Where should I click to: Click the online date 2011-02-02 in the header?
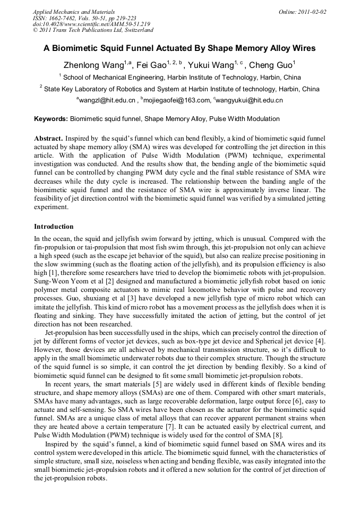(x=312, y=11)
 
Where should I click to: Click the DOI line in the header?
(x=91, y=24)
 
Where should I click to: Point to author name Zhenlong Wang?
(x=93, y=65)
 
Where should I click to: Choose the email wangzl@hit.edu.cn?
(x=106, y=100)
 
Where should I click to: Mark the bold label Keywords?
(x=51, y=119)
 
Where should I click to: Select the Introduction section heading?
(x=54, y=227)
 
